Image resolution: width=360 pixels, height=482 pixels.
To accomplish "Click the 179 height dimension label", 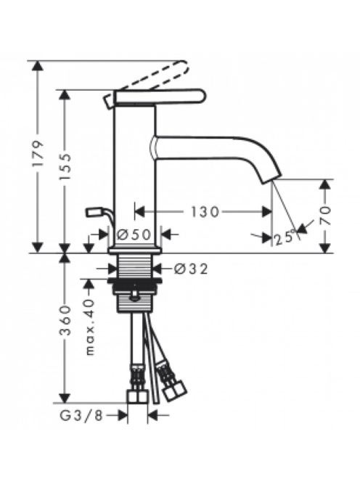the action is point(38,154).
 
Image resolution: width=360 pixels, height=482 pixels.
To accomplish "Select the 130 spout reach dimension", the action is point(205,212).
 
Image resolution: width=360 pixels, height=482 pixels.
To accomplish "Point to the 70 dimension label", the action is point(326,216).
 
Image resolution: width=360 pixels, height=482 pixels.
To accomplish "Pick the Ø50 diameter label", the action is point(134,235).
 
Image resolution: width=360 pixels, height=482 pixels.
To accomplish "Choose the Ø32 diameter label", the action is point(191,269).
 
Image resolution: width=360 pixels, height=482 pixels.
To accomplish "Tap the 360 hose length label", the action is point(65,320).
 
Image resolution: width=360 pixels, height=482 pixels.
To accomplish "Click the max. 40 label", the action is point(89,327).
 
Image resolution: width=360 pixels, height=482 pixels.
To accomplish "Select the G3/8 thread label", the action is point(81,416).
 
